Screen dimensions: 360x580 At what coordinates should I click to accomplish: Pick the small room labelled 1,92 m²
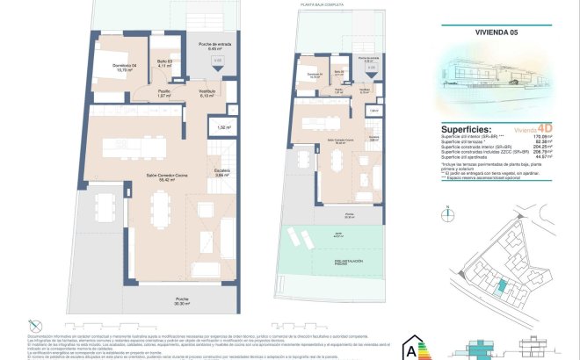coord(223,128)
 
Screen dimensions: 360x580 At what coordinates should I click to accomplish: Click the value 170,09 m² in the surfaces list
coord(551,136)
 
